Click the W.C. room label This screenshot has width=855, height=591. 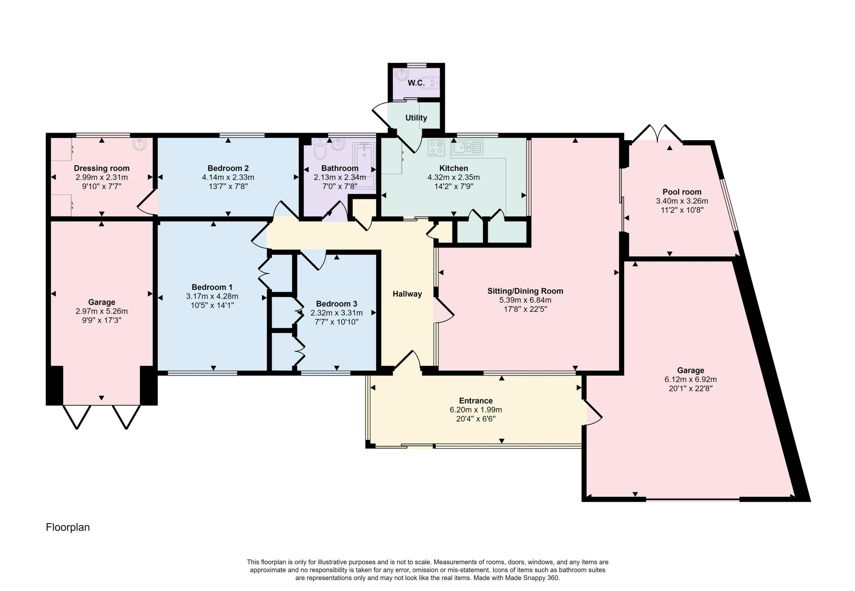point(416,83)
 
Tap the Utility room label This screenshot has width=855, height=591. point(416,118)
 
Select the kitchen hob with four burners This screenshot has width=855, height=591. point(436,148)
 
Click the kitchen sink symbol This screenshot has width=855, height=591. point(467,147)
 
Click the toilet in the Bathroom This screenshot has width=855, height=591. point(320,150)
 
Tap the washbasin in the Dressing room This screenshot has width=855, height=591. point(140,144)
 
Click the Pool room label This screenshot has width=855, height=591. point(682,192)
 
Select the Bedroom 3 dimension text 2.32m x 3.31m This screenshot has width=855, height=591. point(336,313)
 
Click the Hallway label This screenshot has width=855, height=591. point(407,294)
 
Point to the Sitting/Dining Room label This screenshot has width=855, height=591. point(525,291)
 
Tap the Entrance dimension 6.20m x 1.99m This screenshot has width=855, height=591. point(476,410)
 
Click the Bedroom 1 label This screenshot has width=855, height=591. point(212,287)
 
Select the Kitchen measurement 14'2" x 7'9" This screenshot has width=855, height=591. point(453,187)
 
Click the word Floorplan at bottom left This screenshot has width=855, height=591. point(68,528)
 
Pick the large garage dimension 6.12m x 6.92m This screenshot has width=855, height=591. point(691,379)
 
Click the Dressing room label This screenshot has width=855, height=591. point(101,168)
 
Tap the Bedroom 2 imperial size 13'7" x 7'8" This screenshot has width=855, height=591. point(228,186)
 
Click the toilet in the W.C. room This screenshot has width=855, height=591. point(431,83)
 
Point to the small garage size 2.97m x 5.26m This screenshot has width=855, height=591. point(101,311)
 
